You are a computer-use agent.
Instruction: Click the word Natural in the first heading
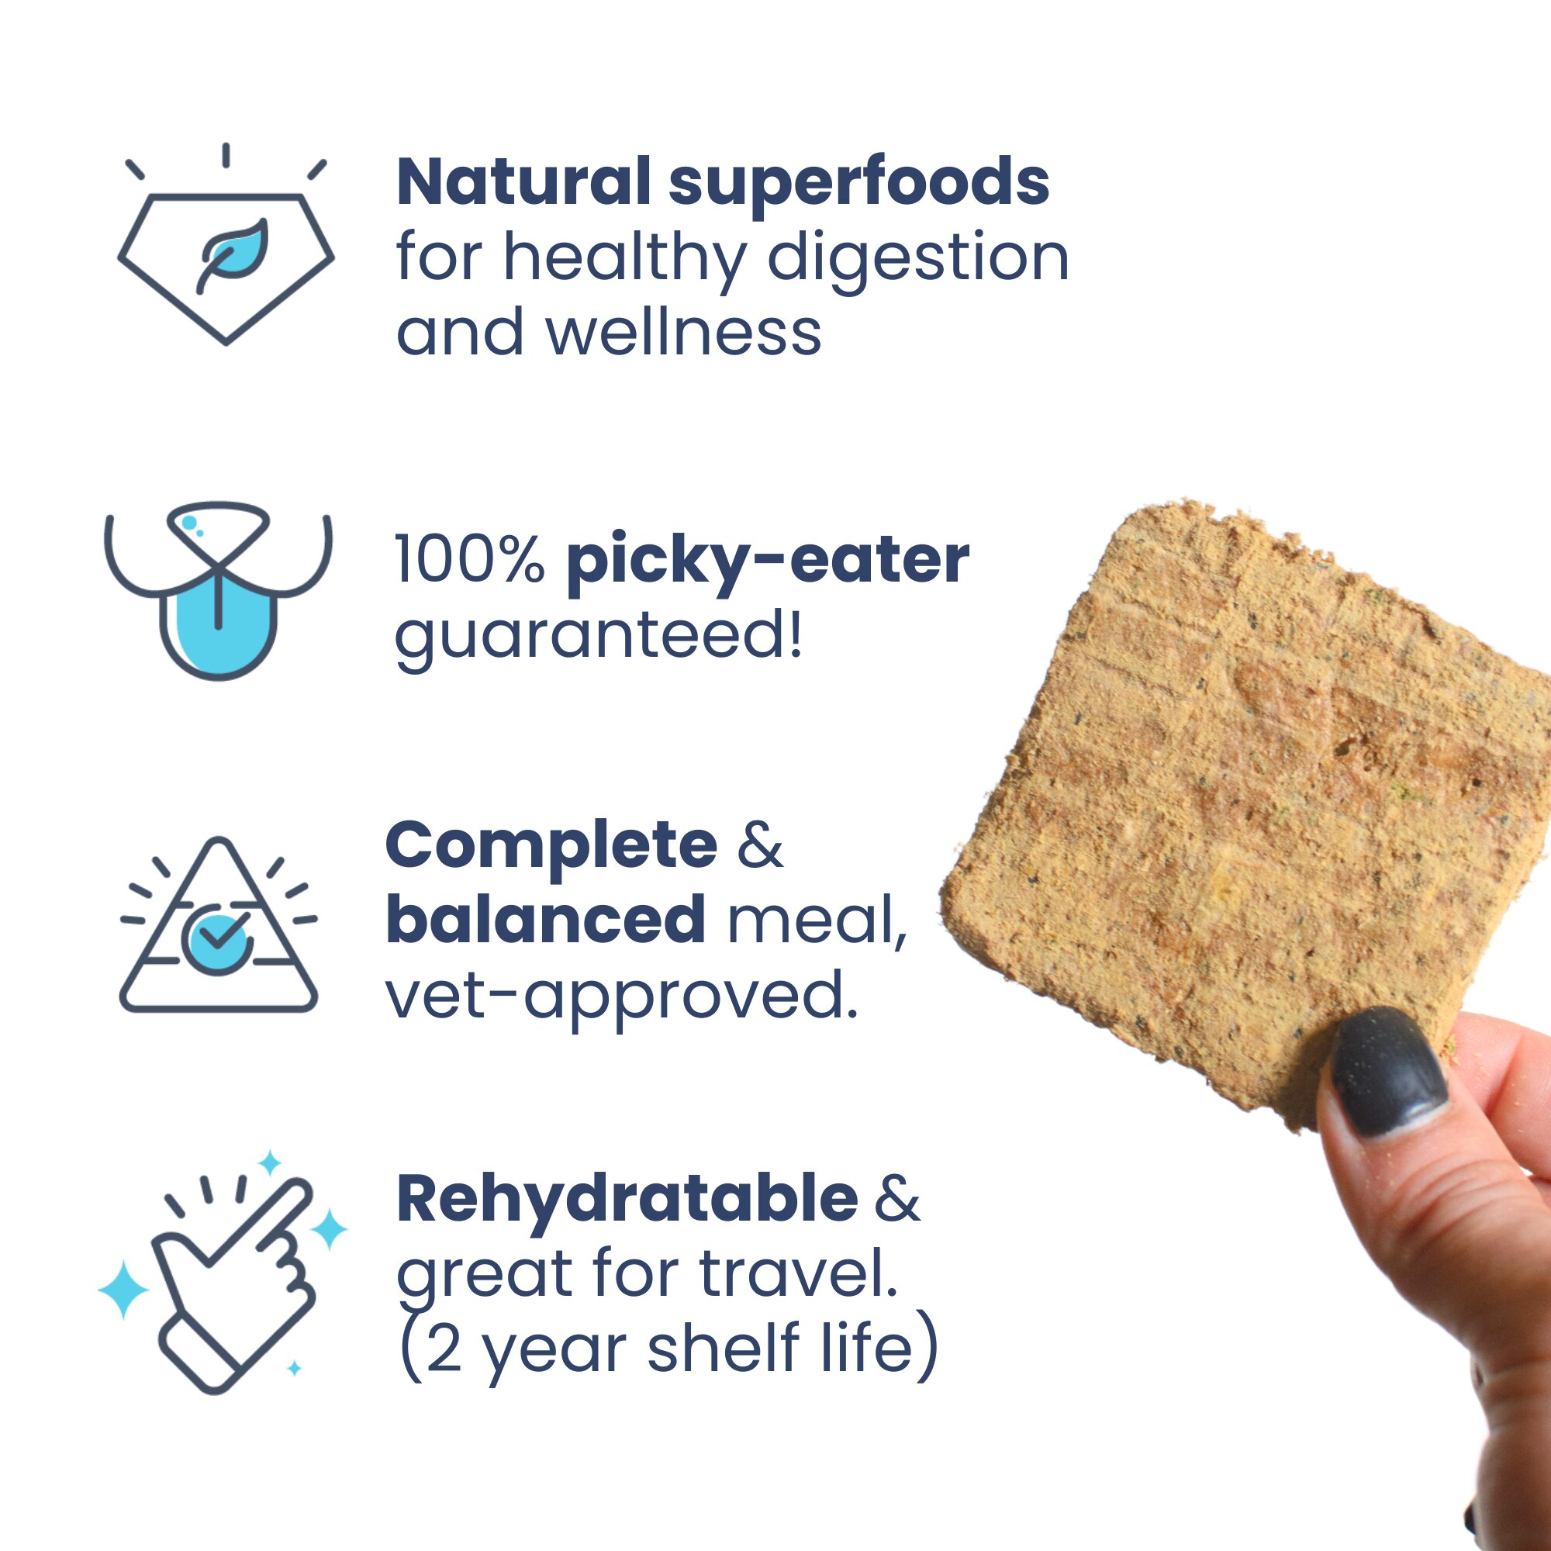point(523,181)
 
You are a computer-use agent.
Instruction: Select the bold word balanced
point(546,918)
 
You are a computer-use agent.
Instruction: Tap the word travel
point(798,1273)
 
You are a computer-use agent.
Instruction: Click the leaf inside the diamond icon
point(232,254)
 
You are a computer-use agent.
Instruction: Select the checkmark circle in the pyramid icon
point(215,936)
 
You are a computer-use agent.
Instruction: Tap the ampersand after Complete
point(759,846)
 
